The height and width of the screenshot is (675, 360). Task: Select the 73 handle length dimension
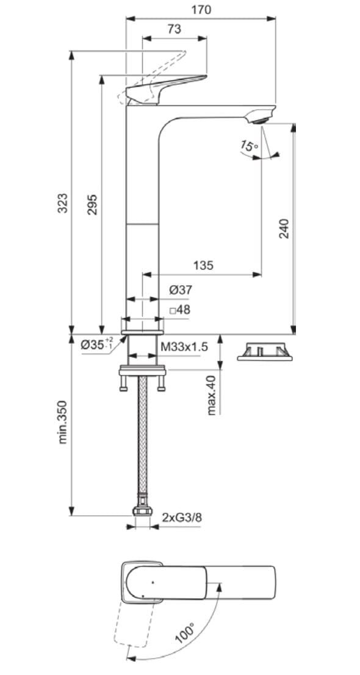[174, 29]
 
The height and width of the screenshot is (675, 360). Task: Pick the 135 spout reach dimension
[203, 265]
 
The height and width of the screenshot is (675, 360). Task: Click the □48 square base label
[180, 310]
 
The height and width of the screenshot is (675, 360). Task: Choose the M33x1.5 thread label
[184, 346]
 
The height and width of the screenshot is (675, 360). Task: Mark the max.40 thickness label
[212, 395]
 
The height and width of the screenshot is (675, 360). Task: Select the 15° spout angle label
[249, 146]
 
